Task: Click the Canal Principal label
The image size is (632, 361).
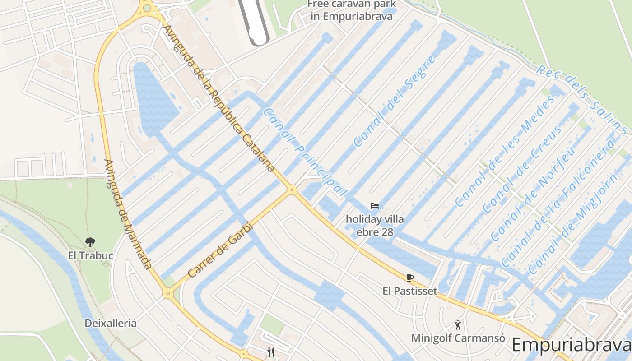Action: tap(305, 152)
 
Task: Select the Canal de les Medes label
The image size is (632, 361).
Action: tap(504, 151)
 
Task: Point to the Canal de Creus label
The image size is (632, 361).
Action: tap(523, 169)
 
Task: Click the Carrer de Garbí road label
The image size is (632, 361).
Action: tap(219, 250)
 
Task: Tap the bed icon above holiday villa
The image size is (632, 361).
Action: tap(375, 206)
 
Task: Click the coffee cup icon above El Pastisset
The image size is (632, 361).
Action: tap(410, 278)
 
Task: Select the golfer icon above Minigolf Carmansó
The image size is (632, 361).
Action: tap(458, 324)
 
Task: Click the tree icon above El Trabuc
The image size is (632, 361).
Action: tap(90, 242)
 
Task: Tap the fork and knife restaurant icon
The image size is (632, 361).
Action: tap(271, 352)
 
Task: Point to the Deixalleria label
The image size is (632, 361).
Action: tap(111, 323)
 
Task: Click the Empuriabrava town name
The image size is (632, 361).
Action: tap(571, 345)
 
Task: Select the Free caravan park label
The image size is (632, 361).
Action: tap(352, 10)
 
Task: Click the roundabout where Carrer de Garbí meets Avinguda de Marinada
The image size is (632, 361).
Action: tap(168, 294)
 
